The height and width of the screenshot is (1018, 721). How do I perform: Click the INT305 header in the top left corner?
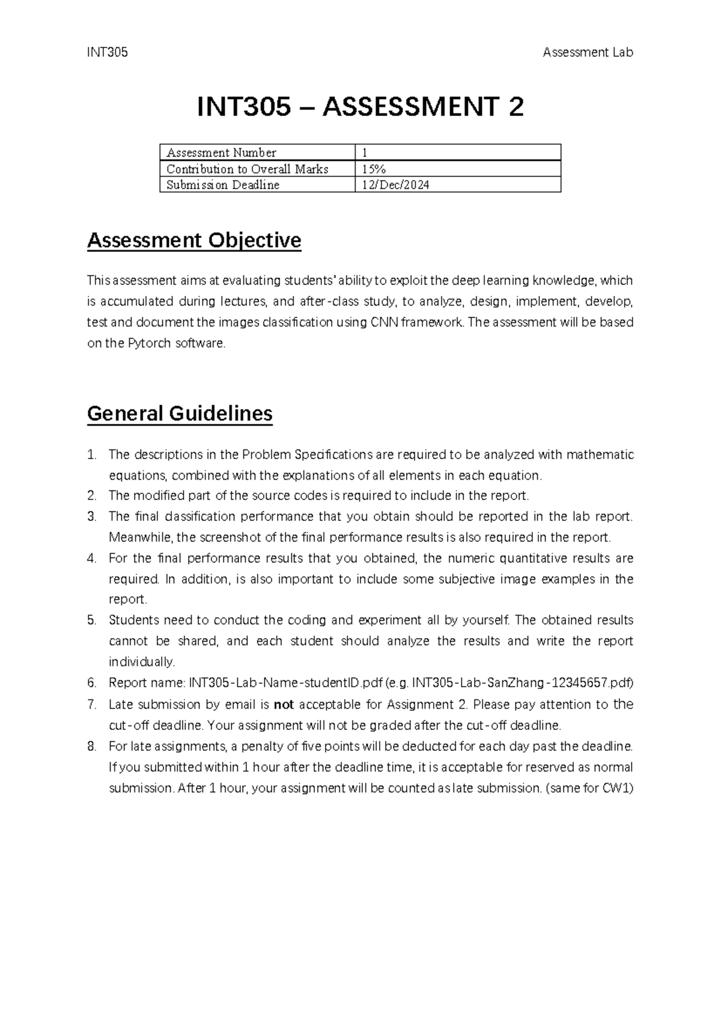pyautogui.click(x=108, y=53)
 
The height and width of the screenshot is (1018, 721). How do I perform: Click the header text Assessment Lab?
pyautogui.click(x=587, y=53)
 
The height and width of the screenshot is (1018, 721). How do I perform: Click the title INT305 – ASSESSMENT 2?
pyautogui.click(x=360, y=107)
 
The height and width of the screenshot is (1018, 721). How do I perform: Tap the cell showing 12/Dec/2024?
pyautogui.click(x=395, y=185)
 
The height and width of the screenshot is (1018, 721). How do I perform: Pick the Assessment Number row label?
pyautogui.click(x=221, y=153)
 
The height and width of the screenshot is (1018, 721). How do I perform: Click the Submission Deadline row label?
pyautogui.click(x=223, y=185)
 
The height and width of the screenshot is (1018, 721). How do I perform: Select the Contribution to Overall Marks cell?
pyautogui.click(x=247, y=169)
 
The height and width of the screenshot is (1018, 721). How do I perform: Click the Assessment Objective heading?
pyautogui.click(x=194, y=241)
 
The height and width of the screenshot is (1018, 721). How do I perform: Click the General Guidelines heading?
pyautogui.click(x=180, y=414)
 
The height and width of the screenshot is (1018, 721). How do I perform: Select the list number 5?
pyautogui.click(x=91, y=621)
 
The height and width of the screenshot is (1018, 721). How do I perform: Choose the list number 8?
pyautogui.click(x=91, y=747)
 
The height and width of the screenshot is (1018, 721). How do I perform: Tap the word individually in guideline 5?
pyautogui.click(x=142, y=663)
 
